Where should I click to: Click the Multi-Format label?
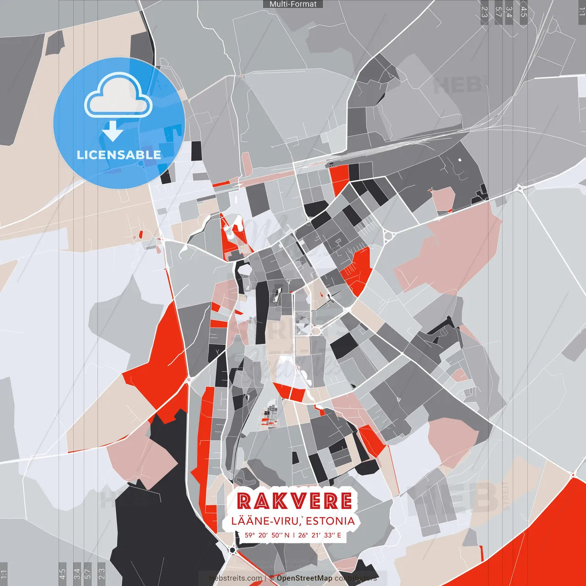coord(293,4)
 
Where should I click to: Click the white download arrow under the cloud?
coord(113,131)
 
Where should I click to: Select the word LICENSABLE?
coord(119,155)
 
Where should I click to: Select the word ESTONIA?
coord(330,521)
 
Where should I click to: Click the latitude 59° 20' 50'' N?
coord(267,535)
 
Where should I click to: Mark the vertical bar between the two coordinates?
coord(293,535)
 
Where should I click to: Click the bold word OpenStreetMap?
coord(304,578)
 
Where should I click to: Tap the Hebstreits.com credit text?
coord(236,578)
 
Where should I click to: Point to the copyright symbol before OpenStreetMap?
coord(271,578)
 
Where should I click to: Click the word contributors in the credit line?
coord(356,578)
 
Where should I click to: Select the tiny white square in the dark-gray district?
coord(460,160)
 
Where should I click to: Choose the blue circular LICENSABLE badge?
coord(119,123)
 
